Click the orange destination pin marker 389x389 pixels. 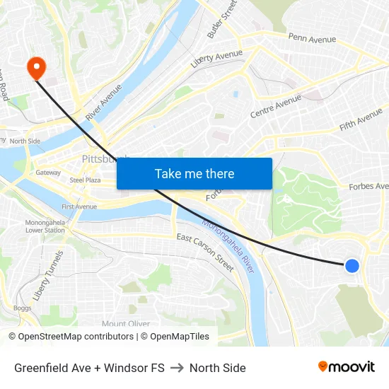coord(35,68)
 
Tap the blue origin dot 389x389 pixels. coord(352,266)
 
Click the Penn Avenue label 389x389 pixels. coord(312,37)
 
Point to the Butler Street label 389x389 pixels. coord(221,19)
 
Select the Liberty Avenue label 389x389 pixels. coord(216,59)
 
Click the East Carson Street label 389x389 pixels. coord(204,252)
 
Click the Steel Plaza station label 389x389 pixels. coord(85,180)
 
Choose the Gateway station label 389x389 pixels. coord(48,172)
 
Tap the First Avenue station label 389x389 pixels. coord(79,207)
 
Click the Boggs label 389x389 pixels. coord(22,308)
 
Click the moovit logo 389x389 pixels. coord(346,366)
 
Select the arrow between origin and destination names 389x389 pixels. coord(177,368)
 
